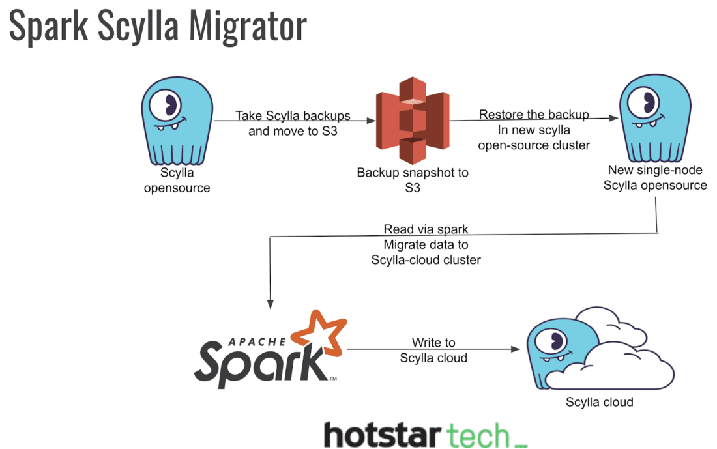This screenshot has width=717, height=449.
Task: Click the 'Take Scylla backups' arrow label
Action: [293, 116]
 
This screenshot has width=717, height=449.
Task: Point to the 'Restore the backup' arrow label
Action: [534, 115]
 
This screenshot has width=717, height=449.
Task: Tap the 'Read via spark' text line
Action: [426, 229]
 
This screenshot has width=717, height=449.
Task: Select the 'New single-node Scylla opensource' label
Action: [654, 177]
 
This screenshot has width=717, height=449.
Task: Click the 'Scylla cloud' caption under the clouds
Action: [599, 401]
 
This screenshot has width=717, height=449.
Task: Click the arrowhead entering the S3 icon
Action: [372, 121]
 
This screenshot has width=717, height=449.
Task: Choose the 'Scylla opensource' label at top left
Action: [177, 181]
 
